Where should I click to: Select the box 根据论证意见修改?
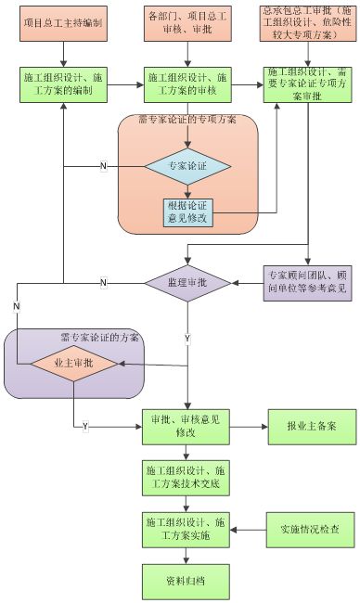tap(186, 212)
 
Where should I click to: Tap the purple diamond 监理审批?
tap(186, 281)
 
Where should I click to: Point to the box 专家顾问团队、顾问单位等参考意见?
tap(307, 281)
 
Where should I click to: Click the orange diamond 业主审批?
tap(74, 365)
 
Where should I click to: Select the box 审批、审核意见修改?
tap(186, 426)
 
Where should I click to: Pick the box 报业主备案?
tap(307, 426)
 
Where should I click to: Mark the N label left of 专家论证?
tap(104, 166)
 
